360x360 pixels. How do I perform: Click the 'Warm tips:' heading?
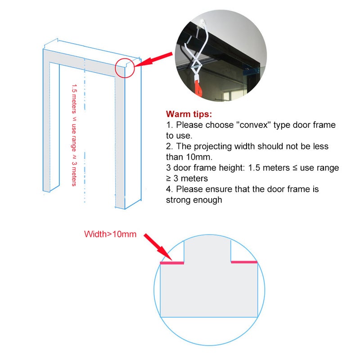coord(189,114)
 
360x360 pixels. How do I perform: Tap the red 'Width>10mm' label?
coord(110,234)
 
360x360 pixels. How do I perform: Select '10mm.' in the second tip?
coord(199,157)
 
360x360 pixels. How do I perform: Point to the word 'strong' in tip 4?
coord(178,200)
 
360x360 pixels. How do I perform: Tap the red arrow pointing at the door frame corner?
coord(153,60)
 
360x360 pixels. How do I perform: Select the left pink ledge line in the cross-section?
coord(172,263)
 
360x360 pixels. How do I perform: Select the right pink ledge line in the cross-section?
coord(244,262)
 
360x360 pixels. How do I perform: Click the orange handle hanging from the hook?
coord(198,87)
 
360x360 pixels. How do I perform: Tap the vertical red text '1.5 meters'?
coord(74,99)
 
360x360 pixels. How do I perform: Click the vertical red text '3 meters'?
coord(74,174)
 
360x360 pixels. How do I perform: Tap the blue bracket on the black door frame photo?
coord(252,71)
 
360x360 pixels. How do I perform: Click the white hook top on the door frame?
coord(202,22)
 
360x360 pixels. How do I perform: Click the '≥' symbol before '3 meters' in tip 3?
coord(168,179)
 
